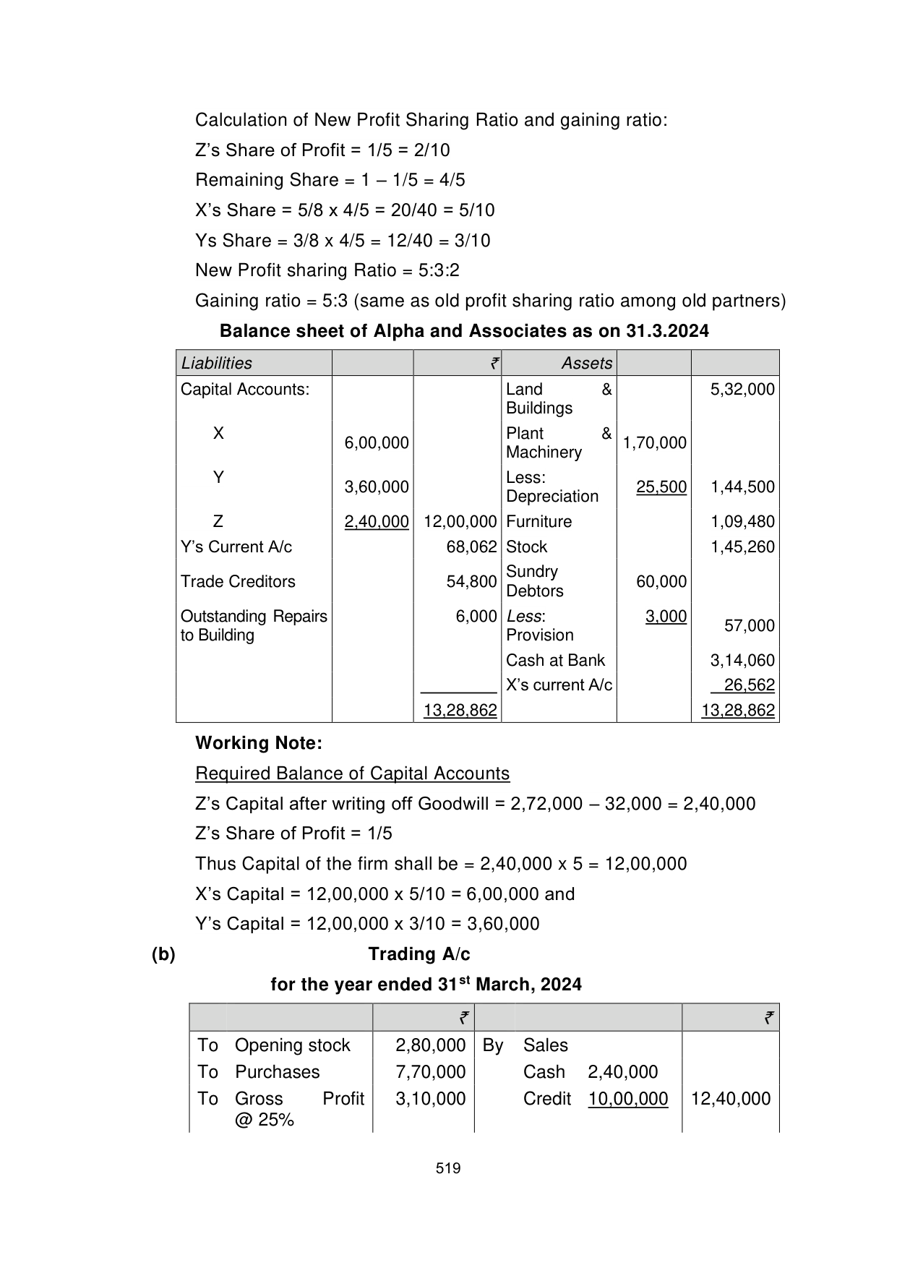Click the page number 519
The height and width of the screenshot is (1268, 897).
448,1168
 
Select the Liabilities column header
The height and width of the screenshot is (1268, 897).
217,363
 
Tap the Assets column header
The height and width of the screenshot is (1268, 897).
586,363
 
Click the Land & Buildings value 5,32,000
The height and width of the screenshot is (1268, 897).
742,389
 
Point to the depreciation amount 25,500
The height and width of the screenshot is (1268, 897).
661,487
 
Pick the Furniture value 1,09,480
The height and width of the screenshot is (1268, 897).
742,521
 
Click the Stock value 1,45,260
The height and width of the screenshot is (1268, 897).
742,547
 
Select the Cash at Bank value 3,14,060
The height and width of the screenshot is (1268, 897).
742,660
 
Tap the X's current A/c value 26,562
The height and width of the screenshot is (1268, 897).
749,685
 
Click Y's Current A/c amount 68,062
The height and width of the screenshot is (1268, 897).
471,547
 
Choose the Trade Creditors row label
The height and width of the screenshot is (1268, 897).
238,581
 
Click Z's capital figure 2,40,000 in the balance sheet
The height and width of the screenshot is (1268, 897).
376,521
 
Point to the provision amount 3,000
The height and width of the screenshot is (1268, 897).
666,616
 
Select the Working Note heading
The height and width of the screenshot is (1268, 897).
259,742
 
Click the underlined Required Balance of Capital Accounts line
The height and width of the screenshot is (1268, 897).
352,773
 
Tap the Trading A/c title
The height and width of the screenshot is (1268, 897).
419,954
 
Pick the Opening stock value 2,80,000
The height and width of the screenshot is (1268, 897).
430,1045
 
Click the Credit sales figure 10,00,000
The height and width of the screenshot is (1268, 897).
627,1098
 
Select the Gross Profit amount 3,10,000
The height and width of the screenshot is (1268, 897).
430,1098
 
